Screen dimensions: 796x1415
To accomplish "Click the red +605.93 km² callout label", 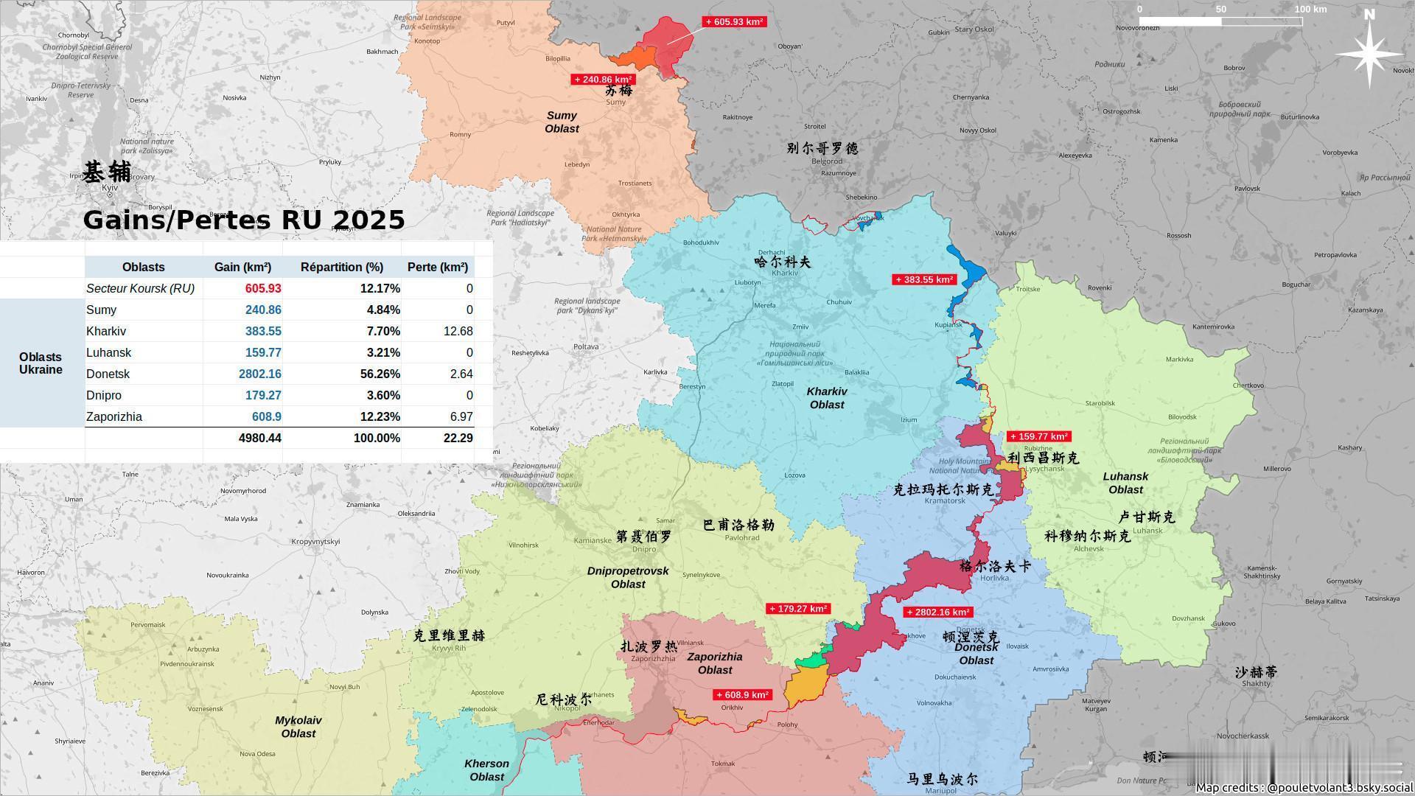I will pos(734,22).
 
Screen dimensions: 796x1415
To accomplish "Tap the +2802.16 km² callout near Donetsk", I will pos(937,612).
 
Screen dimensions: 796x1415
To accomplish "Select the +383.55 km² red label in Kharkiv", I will pos(924,280).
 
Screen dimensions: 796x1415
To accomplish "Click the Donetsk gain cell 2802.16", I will pos(259,374).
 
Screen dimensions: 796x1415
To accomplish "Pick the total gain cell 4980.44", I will pos(259,438).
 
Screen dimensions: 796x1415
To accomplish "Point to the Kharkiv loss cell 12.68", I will pos(458,331).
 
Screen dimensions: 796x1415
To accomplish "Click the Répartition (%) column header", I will pos(342,267).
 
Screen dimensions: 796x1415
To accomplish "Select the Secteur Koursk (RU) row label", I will pos(140,288).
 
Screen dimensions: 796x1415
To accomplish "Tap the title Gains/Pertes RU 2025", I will pos(244,220).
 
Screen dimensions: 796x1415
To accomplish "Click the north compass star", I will pos(1369,53).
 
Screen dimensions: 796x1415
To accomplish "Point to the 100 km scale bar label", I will pos(1310,10).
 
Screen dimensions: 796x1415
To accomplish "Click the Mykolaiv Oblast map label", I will pos(298,727).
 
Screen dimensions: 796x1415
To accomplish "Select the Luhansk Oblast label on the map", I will pos(1125,483).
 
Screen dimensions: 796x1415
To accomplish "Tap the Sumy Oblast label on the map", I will pos(562,122).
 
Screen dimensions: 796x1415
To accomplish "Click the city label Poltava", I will pos(586,346).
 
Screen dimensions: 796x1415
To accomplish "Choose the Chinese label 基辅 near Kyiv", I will pos(107,172).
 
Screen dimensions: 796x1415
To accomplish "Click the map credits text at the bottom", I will pos(1304,787).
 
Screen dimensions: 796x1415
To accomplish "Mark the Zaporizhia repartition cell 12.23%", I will pos(380,416).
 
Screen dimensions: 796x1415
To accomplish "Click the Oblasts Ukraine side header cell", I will pos(41,363).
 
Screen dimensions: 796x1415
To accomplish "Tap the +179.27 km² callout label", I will pos(798,609).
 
